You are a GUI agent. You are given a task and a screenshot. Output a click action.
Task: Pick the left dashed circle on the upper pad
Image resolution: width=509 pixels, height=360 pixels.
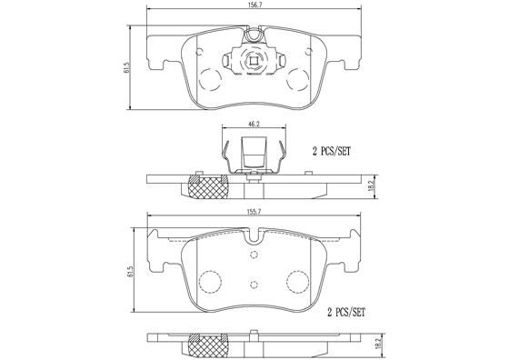[x=210, y=79]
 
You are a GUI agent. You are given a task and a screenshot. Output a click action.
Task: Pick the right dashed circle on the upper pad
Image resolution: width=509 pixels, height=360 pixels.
[x=297, y=79]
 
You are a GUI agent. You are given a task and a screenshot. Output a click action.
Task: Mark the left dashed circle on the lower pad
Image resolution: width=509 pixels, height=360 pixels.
[x=210, y=281]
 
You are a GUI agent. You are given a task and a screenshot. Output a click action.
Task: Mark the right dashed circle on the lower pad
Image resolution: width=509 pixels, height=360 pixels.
[x=296, y=281]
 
